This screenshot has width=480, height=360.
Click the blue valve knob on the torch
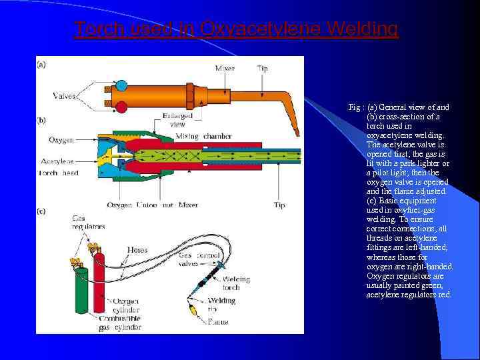121,85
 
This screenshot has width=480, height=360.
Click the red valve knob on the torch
121,107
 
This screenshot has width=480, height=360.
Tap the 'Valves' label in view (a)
65,96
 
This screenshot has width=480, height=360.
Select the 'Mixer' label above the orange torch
225,69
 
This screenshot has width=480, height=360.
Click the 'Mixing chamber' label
203,136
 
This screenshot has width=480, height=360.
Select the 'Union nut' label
155,205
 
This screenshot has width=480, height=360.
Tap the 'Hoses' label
137,249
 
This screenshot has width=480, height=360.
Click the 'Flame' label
217,321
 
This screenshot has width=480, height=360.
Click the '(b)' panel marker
41,121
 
